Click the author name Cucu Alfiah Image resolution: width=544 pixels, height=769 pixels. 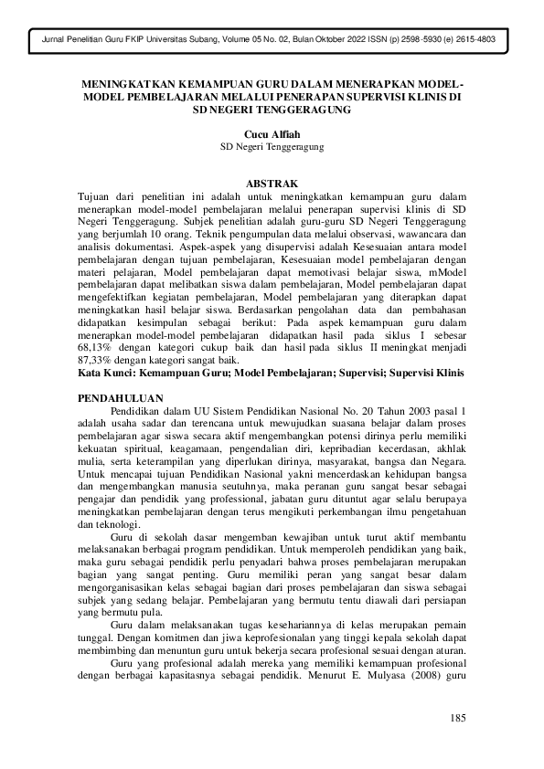272,132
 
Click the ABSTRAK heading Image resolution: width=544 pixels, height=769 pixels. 272,183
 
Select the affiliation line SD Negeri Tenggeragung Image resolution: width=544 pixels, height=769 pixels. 272,146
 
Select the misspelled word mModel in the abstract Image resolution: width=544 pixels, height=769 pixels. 444,271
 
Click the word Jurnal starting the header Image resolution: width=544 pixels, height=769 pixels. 45,41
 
